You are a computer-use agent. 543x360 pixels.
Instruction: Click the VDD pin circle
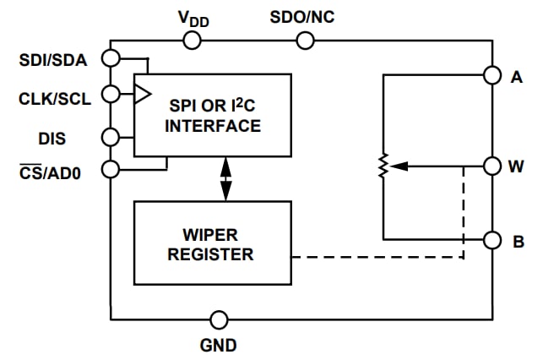193,40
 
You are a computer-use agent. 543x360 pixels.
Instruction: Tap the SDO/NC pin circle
305,40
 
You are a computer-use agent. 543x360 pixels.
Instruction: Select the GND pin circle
219,319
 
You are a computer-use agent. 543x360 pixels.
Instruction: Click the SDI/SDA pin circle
111,58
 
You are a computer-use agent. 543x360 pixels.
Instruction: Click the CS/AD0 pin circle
111,169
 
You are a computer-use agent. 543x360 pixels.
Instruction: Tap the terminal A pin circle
492,76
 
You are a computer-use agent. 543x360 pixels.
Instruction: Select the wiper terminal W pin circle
492,166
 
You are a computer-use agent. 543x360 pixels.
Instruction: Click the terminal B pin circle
492,240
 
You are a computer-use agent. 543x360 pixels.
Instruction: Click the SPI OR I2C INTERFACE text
212,115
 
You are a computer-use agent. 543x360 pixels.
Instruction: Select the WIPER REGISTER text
212,243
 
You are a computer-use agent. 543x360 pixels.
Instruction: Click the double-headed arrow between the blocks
225,178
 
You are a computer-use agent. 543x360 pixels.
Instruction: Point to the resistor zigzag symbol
383,166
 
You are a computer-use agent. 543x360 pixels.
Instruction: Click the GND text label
219,345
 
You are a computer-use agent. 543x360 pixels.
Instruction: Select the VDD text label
193,16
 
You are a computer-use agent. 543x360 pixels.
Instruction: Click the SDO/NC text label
304,16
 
